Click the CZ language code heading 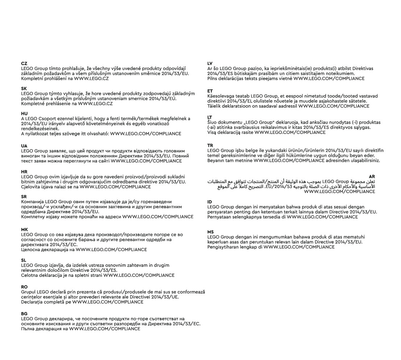(24, 64)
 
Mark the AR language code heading (372, 176)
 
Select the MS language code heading (211, 232)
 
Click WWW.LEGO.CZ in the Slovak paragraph (95, 103)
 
